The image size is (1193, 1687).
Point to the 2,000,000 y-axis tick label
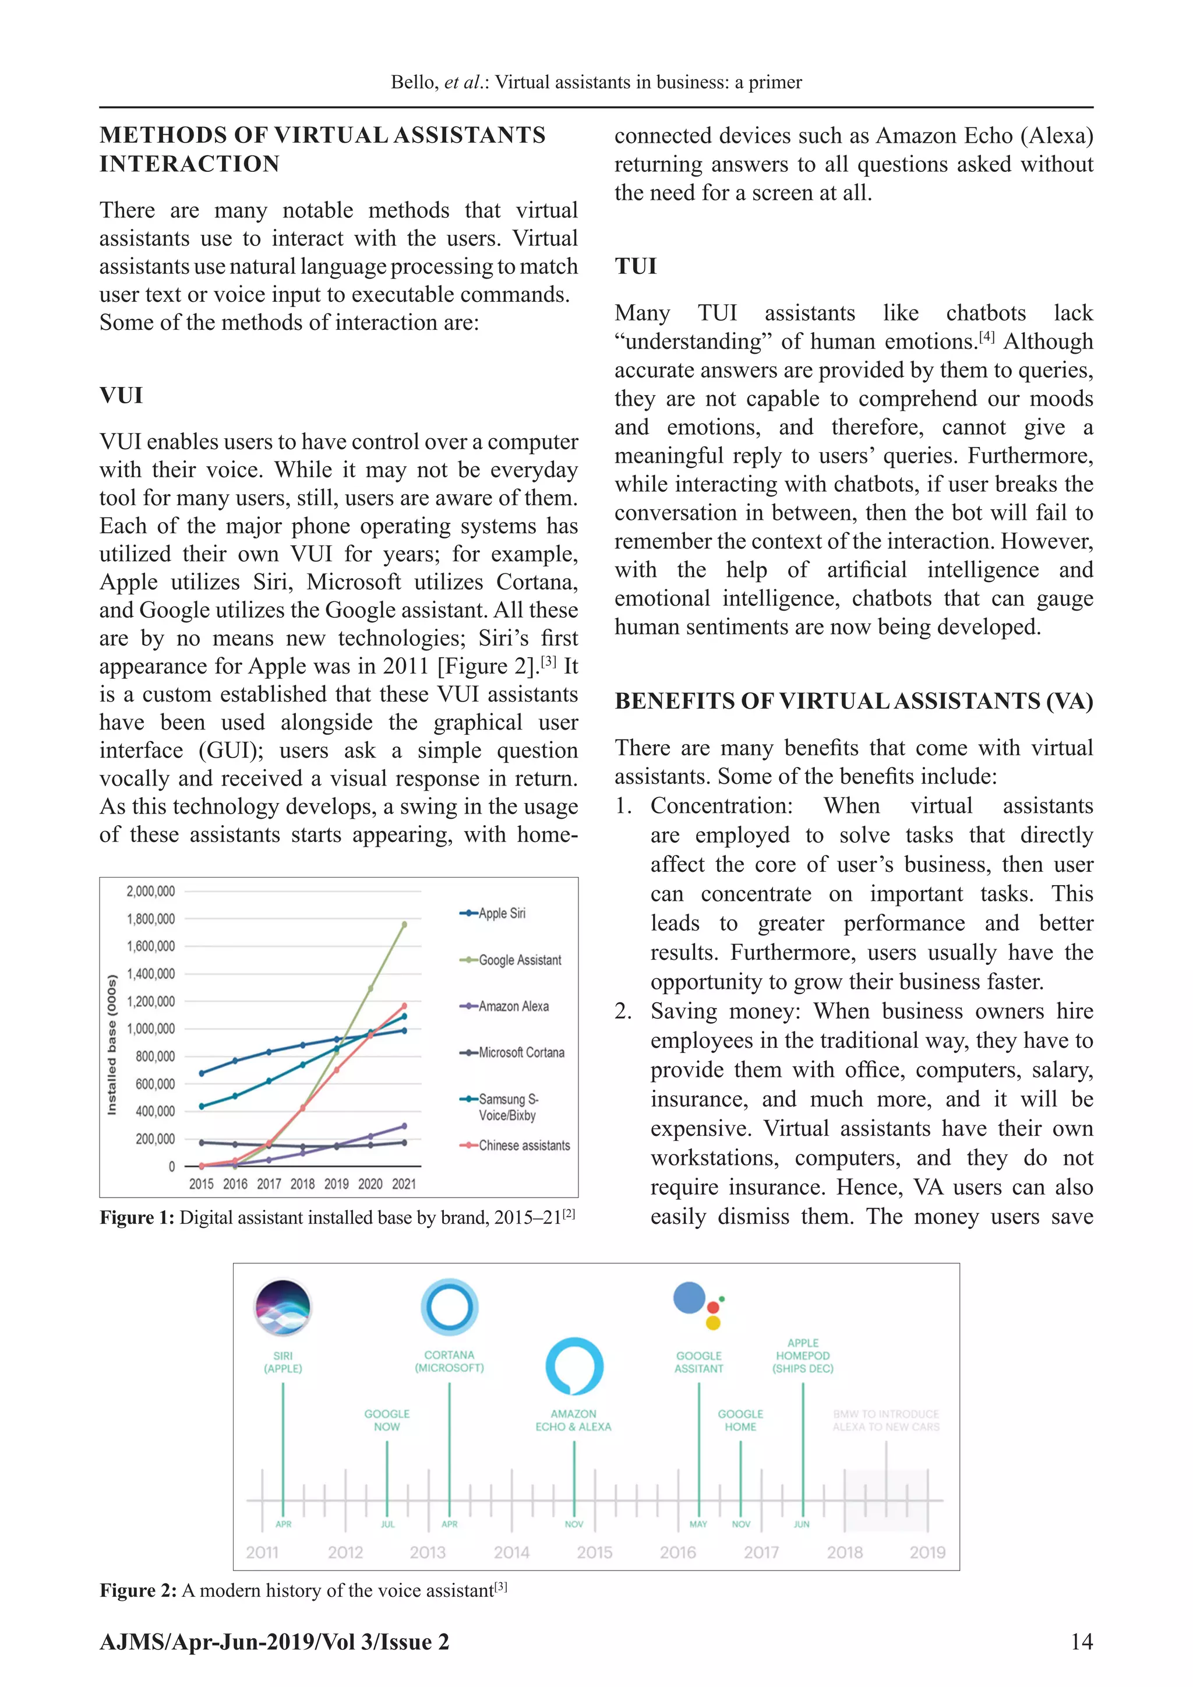click(x=151, y=891)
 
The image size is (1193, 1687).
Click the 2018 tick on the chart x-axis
click(x=303, y=1184)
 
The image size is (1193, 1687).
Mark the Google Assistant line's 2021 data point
click(x=404, y=925)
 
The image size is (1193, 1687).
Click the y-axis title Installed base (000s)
click(x=112, y=1045)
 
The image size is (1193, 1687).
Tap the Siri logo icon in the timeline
click(x=283, y=1307)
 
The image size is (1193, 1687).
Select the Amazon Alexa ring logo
click(x=574, y=1366)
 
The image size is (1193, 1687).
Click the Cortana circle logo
click(x=450, y=1307)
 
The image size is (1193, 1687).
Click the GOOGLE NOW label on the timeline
click(x=387, y=1420)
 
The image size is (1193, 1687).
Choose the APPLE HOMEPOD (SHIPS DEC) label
click(x=802, y=1355)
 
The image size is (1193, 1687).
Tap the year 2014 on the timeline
click(x=511, y=1552)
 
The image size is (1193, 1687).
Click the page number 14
click(x=1081, y=1642)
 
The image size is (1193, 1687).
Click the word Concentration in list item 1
click(x=721, y=806)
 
